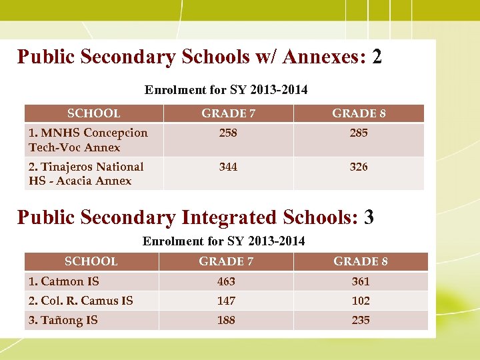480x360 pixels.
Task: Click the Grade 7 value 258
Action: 228,133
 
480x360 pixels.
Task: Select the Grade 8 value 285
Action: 359,133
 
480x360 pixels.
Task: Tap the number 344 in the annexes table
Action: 228,167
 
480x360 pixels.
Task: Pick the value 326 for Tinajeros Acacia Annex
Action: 359,167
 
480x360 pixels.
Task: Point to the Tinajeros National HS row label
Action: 86,173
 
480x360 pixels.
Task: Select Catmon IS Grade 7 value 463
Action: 226,281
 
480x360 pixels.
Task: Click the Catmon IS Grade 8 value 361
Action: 361,281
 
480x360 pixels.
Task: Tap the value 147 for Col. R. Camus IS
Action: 226,301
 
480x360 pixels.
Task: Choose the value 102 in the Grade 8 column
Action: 361,301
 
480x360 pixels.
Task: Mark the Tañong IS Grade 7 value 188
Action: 226,320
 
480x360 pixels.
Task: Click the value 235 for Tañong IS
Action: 361,320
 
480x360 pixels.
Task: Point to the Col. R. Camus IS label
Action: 81,301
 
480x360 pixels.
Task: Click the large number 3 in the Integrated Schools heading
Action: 369,217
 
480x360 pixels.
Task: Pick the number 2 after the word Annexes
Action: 377,57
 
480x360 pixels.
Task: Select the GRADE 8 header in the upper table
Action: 359,114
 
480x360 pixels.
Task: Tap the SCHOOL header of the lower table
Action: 91,261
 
